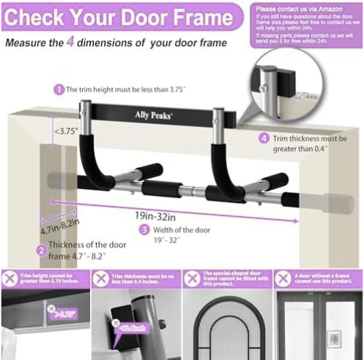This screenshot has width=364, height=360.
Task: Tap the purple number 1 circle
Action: (x=58, y=90)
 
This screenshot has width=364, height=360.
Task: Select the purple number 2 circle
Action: (x=42, y=251)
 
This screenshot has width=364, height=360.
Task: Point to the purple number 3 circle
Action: (x=144, y=230)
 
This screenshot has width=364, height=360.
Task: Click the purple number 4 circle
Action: (x=264, y=138)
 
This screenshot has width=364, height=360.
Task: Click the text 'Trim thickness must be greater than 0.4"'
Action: (x=312, y=143)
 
